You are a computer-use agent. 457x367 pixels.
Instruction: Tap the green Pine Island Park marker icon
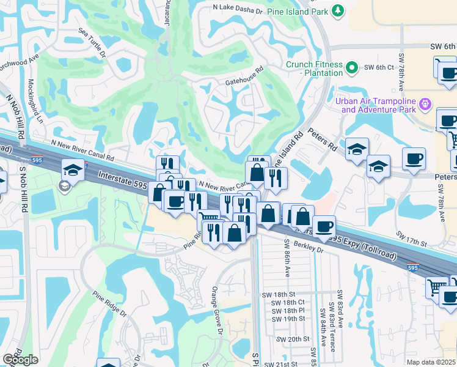click(337, 10)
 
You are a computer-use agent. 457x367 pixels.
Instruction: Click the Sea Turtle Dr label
click(92, 42)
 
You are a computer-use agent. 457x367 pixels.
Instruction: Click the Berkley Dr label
click(311, 248)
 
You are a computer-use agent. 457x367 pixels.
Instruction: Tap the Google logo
click(20, 360)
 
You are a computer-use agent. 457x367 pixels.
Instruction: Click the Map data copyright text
click(431, 362)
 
